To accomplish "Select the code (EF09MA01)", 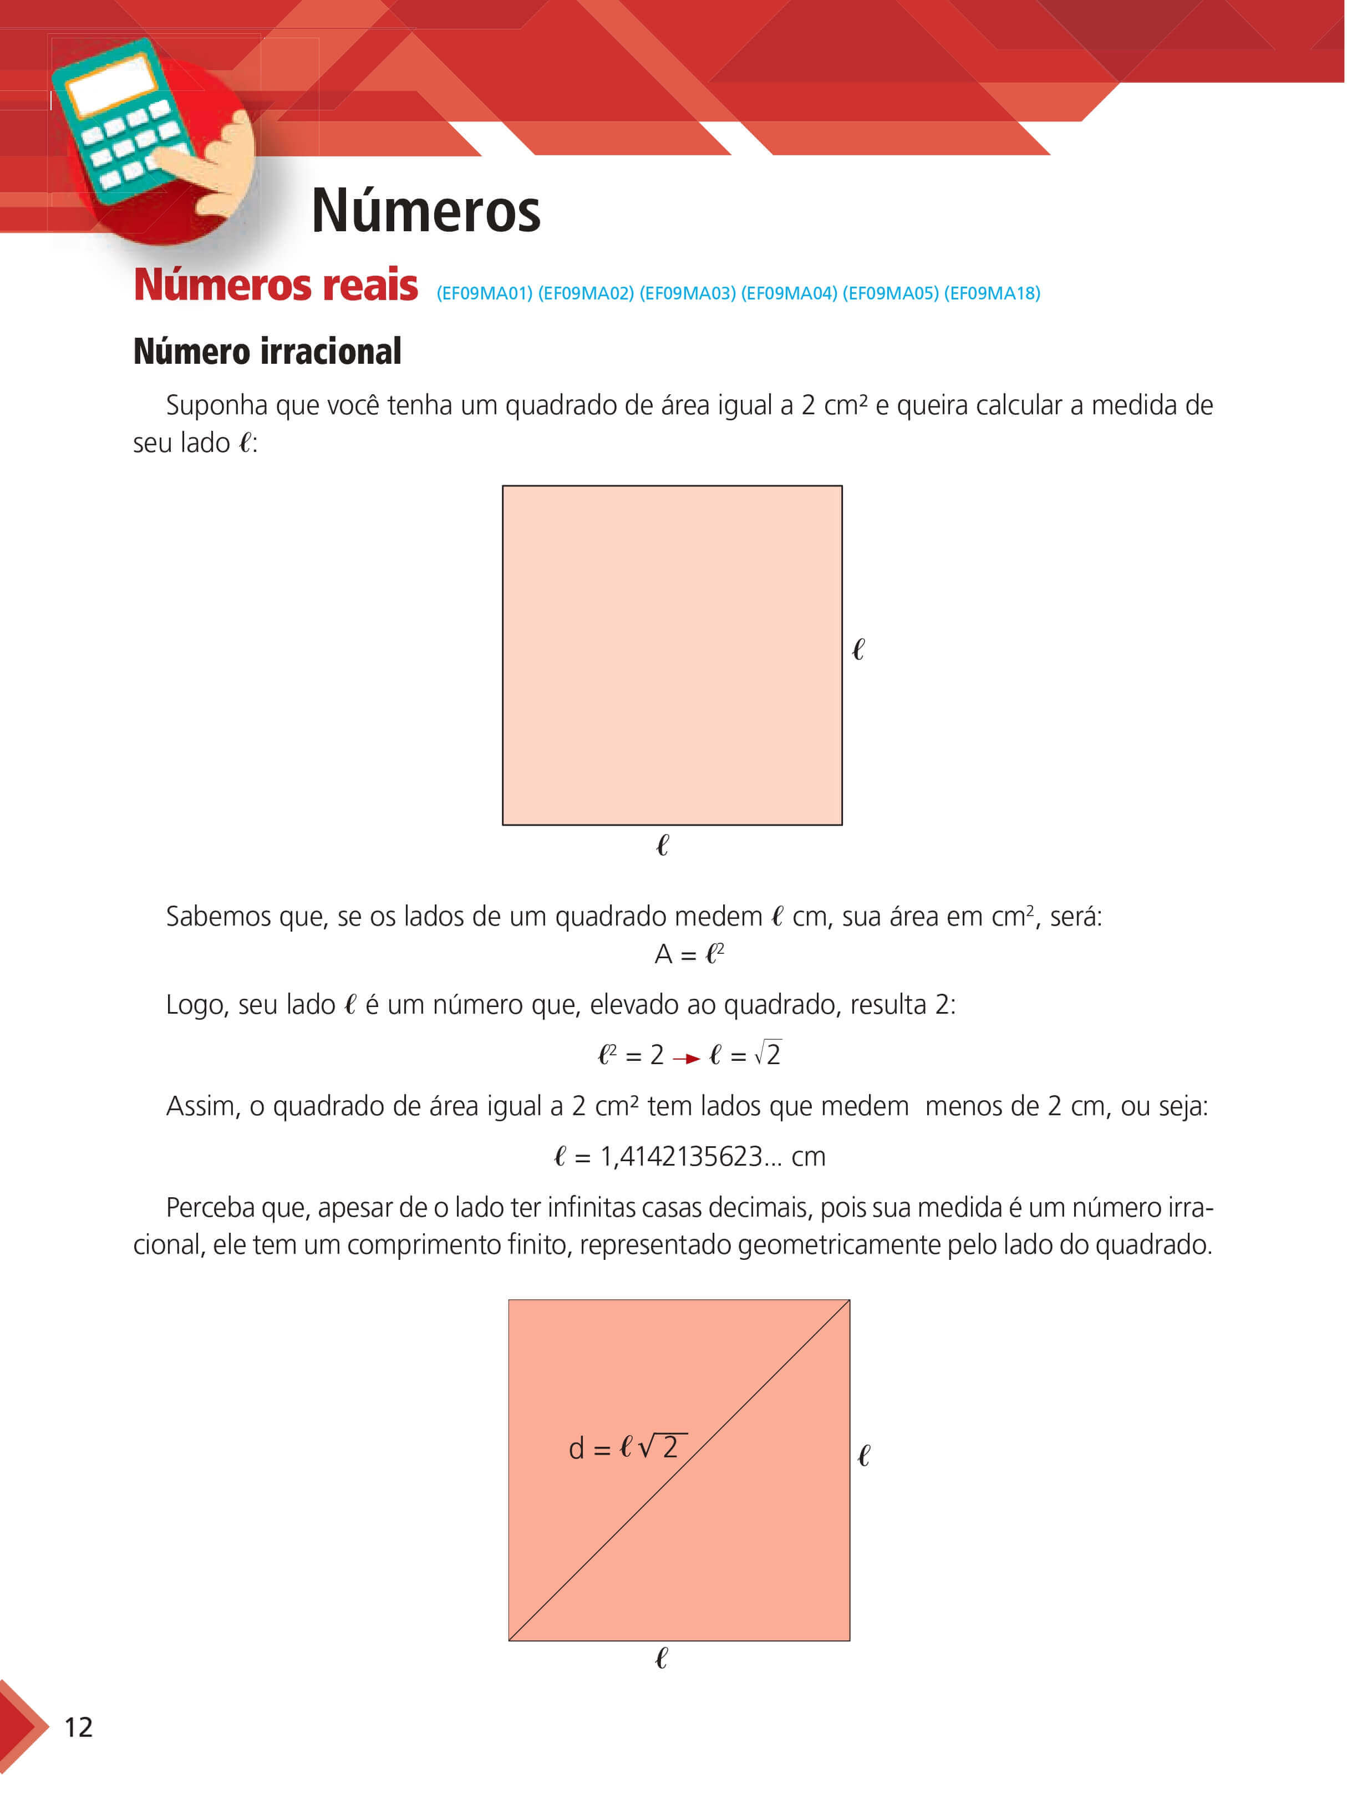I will [484, 293].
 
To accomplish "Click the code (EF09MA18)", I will [992, 293].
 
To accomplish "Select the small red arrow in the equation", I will [687, 1059].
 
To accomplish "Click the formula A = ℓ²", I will [689, 954].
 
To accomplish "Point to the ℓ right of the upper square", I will [858, 650].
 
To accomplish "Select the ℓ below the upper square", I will [662, 846].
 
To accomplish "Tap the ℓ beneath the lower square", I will [661, 1658].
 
